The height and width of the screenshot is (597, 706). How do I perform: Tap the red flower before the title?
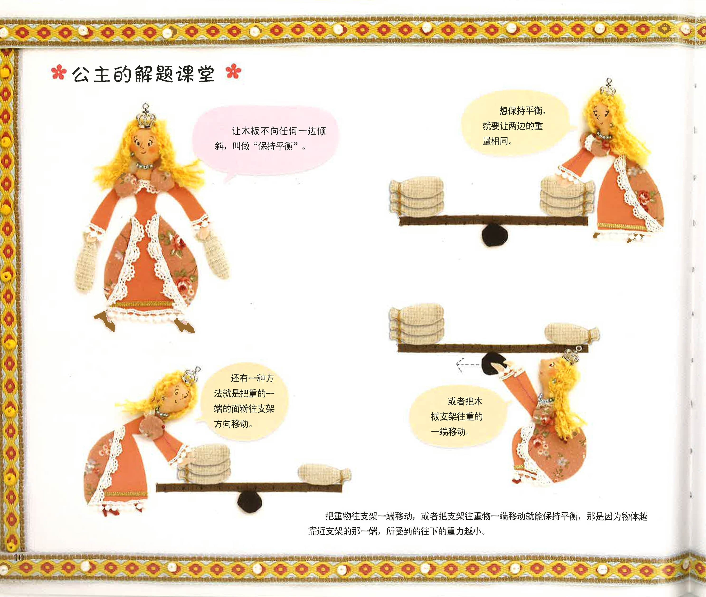click(x=58, y=72)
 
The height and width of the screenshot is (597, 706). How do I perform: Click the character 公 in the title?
click(x=81, y=74)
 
